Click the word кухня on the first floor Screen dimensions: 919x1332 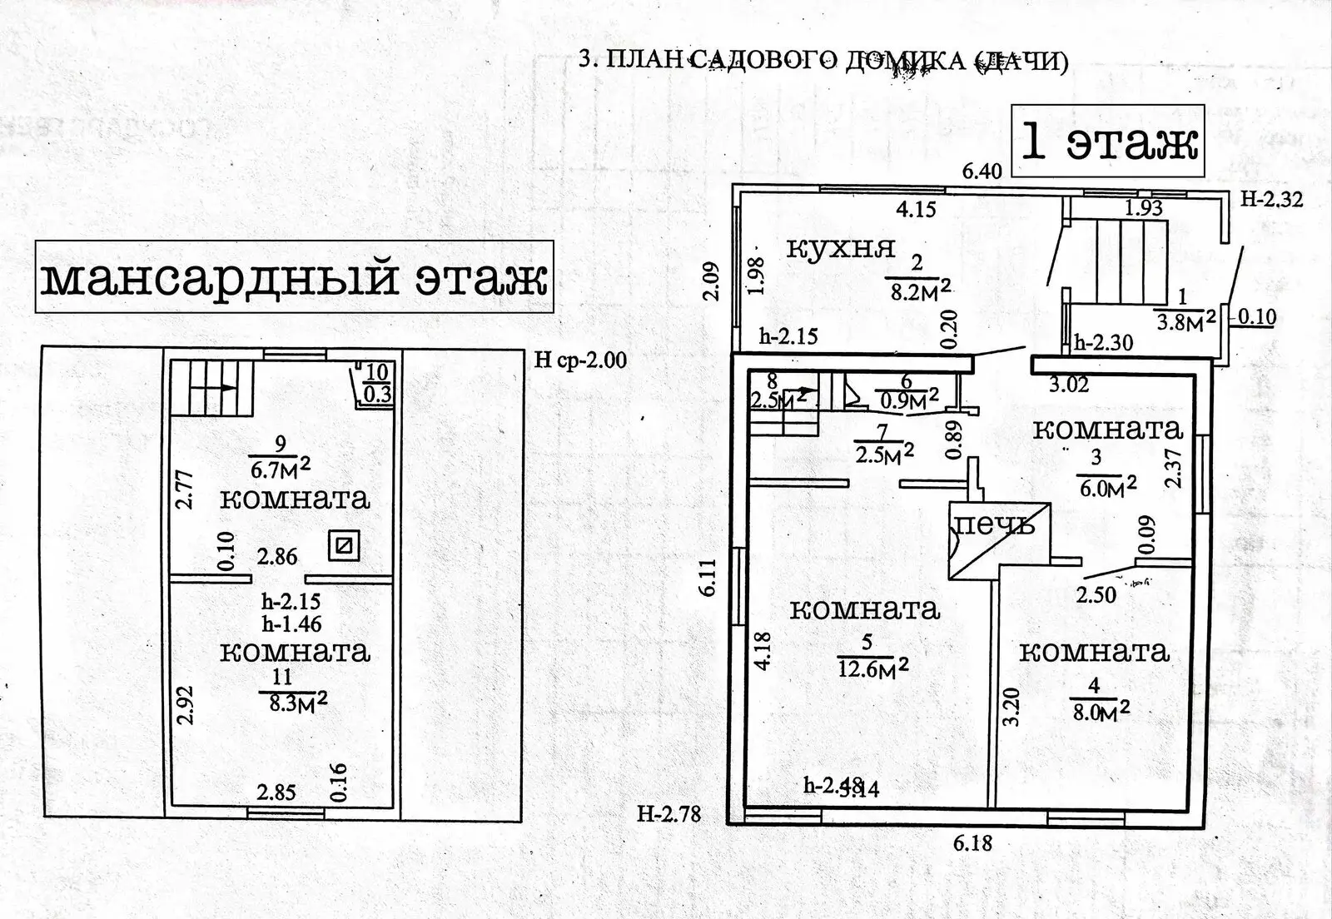point(840,247)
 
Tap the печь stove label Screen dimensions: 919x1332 point(994,524)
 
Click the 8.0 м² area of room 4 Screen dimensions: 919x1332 point(1098,712)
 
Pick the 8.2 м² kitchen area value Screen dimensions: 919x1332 point(920,291)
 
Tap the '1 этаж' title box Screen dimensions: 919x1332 point(1108,141)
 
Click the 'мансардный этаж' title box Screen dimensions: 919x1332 point(294,276)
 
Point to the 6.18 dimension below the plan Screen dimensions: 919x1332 point(972,842)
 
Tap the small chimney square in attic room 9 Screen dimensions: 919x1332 point(344,546)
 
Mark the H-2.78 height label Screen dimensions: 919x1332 point(668,813)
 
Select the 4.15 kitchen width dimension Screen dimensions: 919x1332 point(916,208)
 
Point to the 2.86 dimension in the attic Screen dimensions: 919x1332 point(277,556)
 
